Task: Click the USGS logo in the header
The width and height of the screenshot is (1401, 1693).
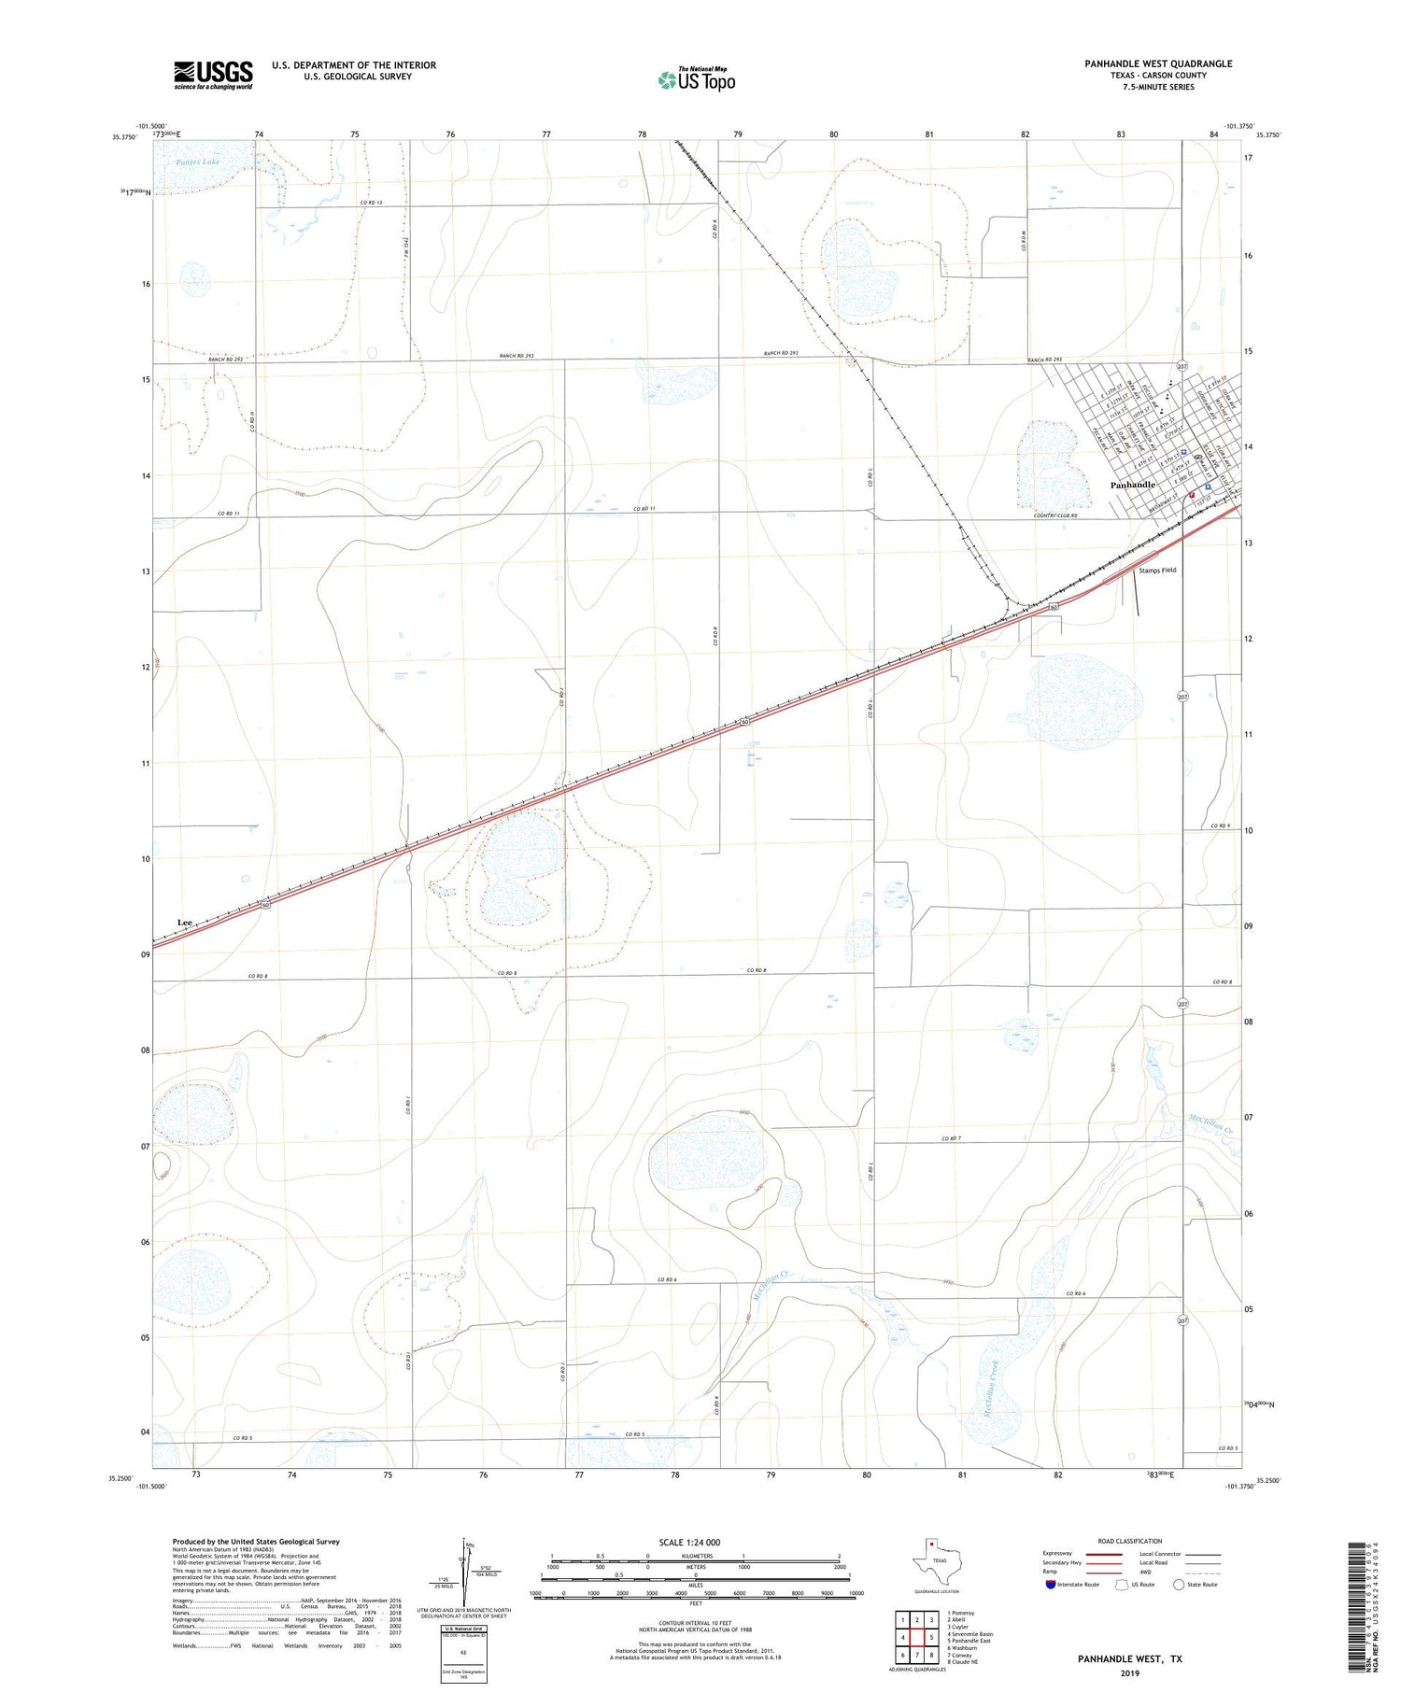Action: [x=213, y=75]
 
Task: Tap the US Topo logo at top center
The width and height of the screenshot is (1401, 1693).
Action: [x=697, y=79]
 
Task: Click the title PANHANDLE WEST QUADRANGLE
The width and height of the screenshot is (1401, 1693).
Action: [x=1158, y=63]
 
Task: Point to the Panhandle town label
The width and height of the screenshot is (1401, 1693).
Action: [x=1132, y=486]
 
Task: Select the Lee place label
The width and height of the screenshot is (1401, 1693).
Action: [x=185, y=923]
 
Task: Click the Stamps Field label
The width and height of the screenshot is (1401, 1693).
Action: [x=1156, y=570]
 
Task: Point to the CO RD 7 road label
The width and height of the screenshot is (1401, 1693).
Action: [x=951, y=1138]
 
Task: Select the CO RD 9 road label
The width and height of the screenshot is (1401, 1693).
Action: [x=1221, y=825]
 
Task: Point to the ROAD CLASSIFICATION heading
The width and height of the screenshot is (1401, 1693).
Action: [x=1130, y=1541]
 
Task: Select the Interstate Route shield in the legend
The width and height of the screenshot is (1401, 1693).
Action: [x=1052, y=1585]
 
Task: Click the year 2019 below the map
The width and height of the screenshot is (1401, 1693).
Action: [x=1129, y=1672]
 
